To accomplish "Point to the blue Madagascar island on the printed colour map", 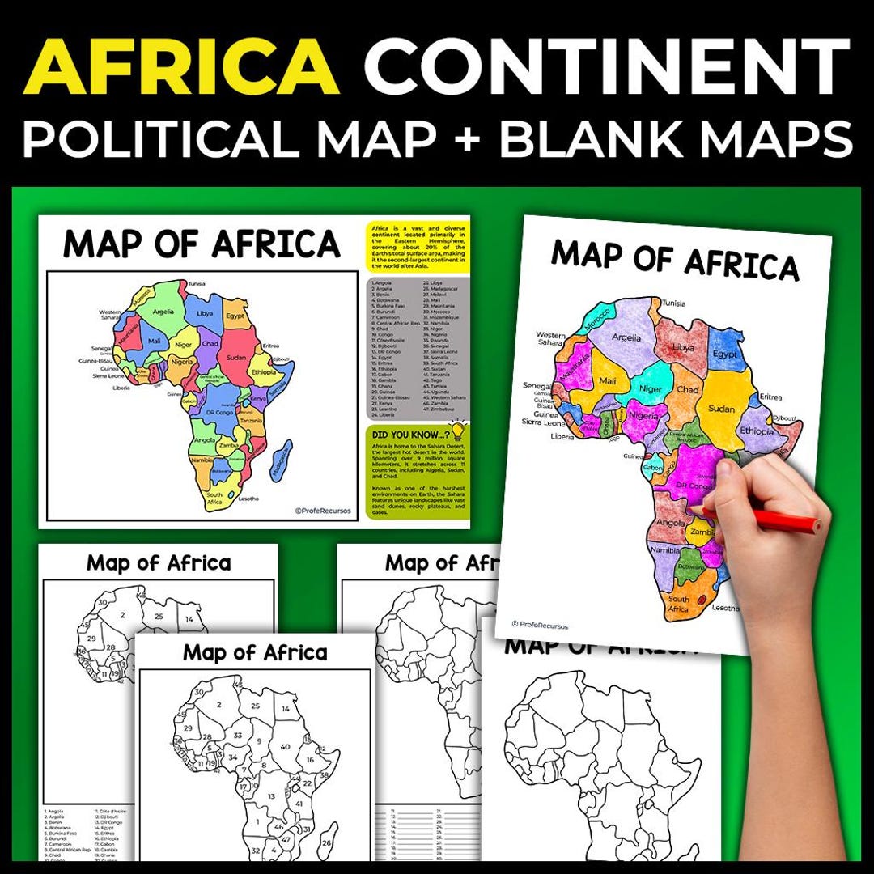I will (280, 462).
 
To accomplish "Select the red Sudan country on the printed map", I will (236, 357).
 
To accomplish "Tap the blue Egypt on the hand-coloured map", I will (724, 354).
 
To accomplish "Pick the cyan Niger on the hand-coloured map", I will (651, 387).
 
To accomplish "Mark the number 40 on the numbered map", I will (285, 746).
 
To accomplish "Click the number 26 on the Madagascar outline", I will (326, 843).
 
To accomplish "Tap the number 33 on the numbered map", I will (237, 735).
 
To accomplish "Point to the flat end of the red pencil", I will (817, 526).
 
